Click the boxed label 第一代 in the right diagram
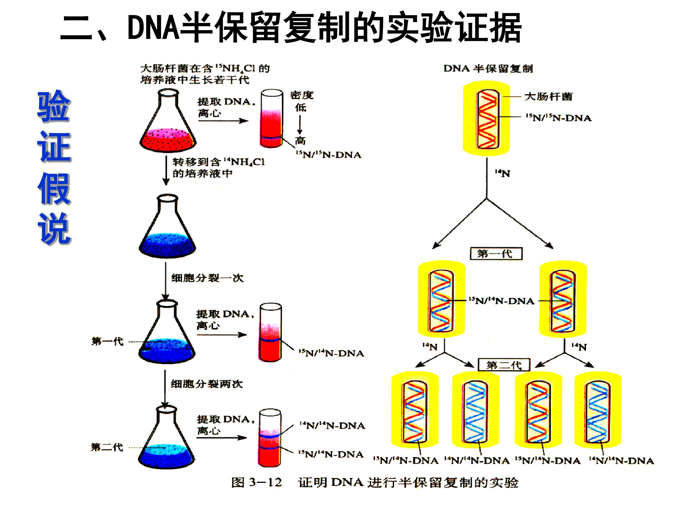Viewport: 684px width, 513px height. click(496, 254)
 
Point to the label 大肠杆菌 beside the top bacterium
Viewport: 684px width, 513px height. click(548, 97)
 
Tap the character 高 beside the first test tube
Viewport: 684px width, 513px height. click(300, 141)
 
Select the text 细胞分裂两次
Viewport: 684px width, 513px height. click(207, 384)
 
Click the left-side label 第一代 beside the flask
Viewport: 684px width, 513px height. click(108, 341)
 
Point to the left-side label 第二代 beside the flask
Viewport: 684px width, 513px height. click(107, 447)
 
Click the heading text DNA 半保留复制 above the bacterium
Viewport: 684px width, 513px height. click(488, 69)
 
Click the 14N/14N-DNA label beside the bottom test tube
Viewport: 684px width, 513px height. click(332, 426)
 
